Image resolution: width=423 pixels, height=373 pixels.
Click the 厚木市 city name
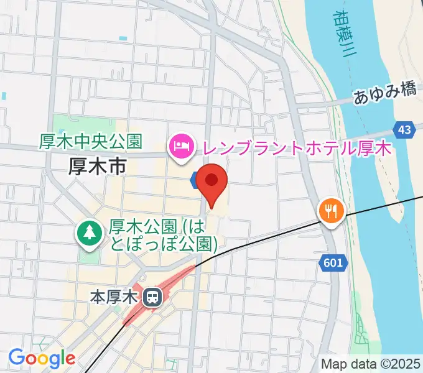coord(98,166)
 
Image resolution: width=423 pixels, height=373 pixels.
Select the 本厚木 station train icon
coord(151,297)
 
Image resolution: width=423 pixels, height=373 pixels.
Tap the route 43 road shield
coord(404,130)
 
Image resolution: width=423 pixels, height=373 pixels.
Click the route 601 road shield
coord(333,264)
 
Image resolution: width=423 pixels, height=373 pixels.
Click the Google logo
coord(41,358)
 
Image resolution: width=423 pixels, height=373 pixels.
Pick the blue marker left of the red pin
coord(194,180)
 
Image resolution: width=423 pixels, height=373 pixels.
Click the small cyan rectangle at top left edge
coord(3,96)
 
